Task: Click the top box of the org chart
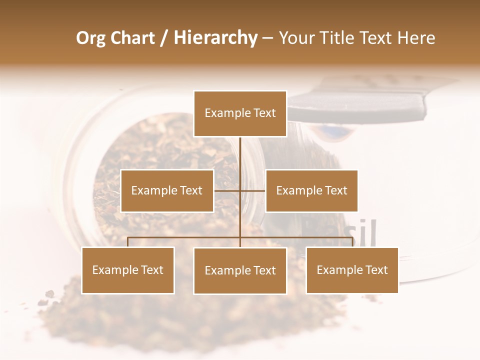(x=240, y=113)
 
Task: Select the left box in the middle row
(x=167, y=190)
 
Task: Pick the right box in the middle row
(x=311, y=190)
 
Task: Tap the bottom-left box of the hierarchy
(x=128, y=270)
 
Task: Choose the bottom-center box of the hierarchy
(x=240, y=270)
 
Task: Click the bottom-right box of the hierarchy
(x=352, y=270)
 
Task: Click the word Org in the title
(x=90, y=38)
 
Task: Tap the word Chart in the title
(x=133, y=38)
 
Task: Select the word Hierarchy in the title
(x=215, y=38)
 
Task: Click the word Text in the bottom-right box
(x=376, y=270)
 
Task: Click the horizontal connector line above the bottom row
(x=185, y=237)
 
